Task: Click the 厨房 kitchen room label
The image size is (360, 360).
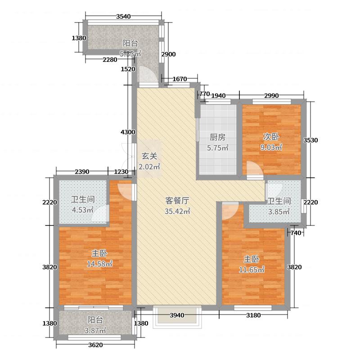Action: point(217,137)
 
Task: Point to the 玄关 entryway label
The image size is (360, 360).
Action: point(150,157)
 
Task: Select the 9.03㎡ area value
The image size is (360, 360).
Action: point(272,147)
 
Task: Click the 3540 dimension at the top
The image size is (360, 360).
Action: point(123,17)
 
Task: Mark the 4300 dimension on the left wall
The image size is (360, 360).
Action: point(128,132)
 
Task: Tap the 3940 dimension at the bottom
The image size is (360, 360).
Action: point(177,315)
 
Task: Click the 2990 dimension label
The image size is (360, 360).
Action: point(272,95)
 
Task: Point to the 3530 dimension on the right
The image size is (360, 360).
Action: point(311,140)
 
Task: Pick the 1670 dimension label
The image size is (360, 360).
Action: point(179,79)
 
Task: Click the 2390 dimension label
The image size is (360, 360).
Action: point(82,171)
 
